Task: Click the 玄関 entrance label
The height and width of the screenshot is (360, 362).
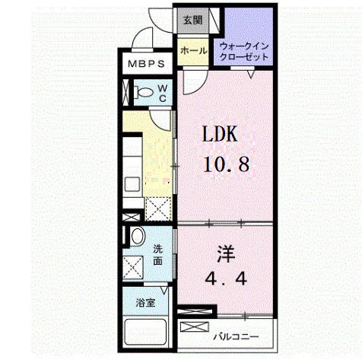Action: (192, 20)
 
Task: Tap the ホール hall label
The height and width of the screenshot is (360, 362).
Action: (193, 51)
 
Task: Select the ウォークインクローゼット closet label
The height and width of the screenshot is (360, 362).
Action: (243, 52)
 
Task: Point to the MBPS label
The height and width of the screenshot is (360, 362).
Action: (146, 64)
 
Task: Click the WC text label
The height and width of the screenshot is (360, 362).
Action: (163, 93)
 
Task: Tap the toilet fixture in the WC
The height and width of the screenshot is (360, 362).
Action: (144, 92)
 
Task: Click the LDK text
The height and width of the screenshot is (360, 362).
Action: (220, 134)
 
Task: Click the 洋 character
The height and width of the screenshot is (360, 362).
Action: (226, 254)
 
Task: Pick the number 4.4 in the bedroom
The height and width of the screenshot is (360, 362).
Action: (226, 279)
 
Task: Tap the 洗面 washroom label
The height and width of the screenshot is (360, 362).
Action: (157, 255)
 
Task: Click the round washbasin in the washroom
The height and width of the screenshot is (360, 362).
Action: (138, 236)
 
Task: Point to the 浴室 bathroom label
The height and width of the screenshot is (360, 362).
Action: (145, 303)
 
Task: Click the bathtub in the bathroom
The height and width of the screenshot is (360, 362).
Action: (145, 332)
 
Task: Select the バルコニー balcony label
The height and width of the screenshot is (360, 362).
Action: (236, 337)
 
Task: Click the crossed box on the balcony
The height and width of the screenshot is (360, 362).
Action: (195, 327)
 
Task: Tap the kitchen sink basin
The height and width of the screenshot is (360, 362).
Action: (132, 184)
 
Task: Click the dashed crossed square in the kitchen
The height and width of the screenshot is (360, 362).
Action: (158, 209)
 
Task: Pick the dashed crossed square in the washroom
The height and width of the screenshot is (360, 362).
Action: (133, 268)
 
